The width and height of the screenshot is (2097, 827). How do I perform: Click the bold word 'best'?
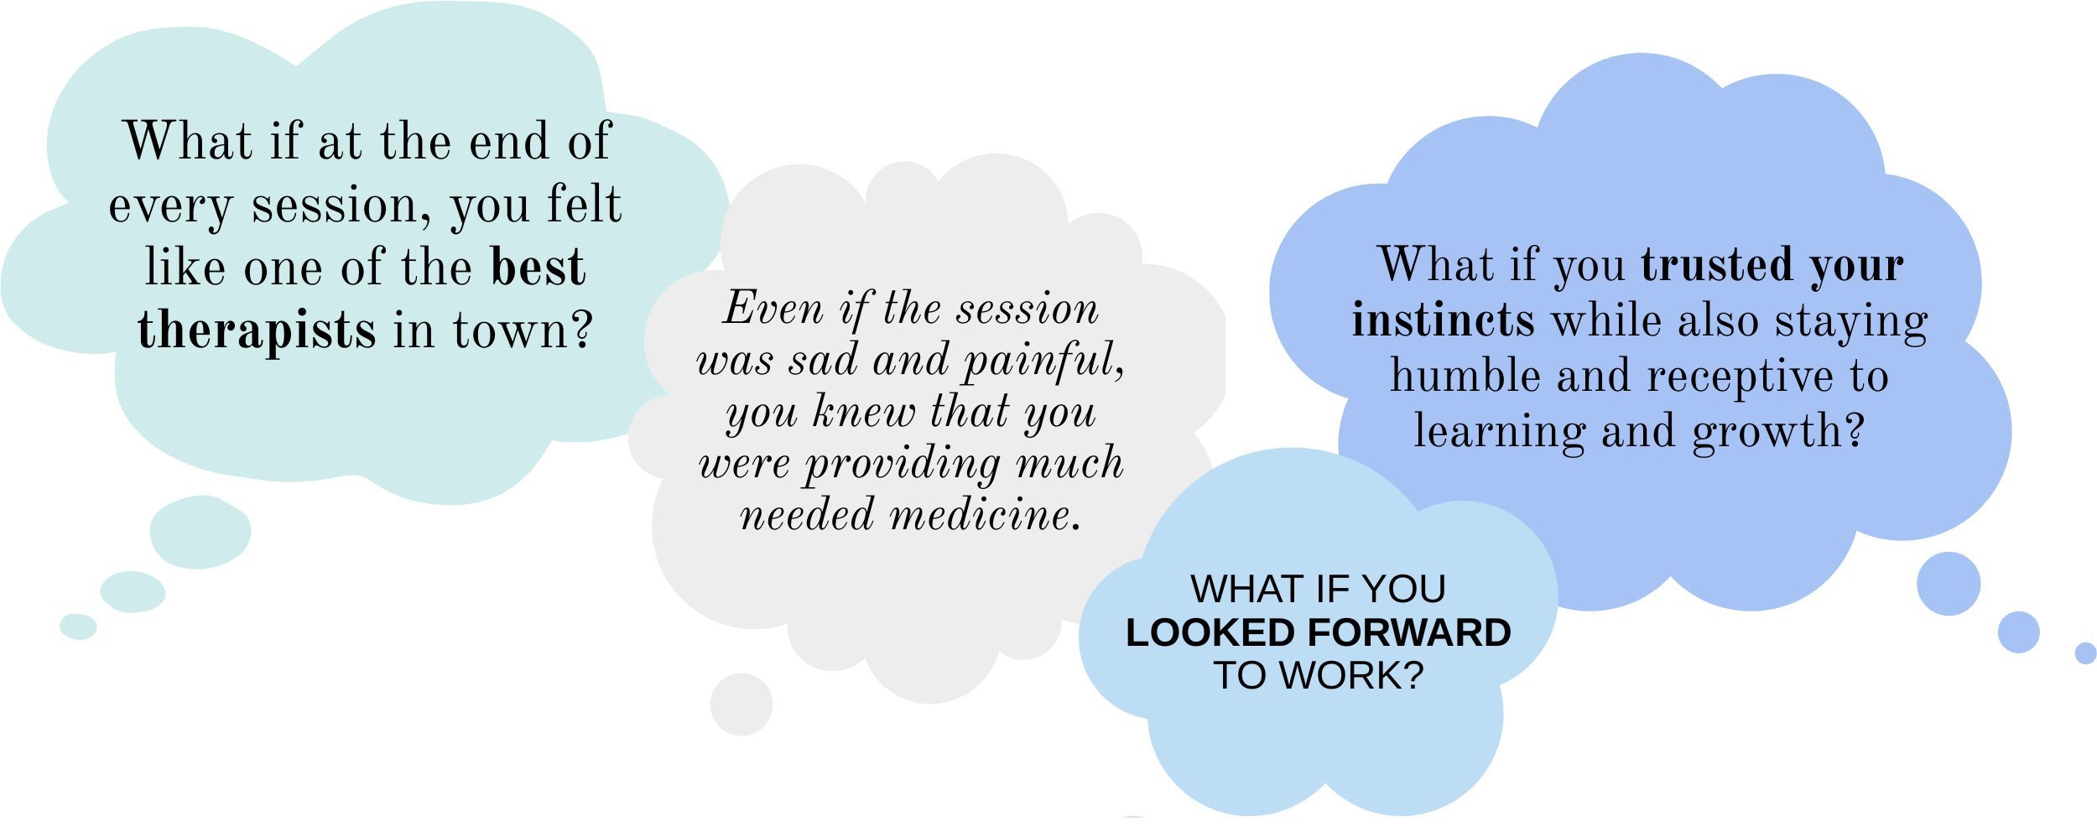(539, 266)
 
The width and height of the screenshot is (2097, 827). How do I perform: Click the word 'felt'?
(584, 203)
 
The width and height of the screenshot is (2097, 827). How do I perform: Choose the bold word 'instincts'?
(1444, 320)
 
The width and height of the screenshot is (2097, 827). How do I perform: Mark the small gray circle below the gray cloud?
(741, 705)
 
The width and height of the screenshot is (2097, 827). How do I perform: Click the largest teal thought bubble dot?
(200, 532)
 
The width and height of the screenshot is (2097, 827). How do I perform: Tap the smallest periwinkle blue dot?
(2085, 653)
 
